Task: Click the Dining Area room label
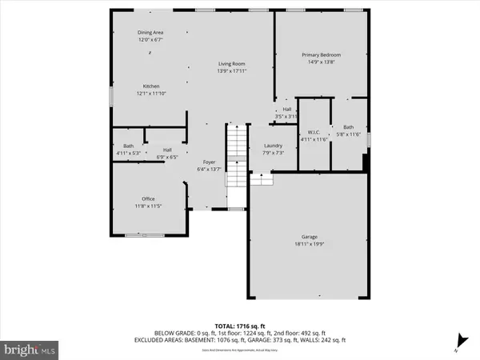click(x=150, y=32)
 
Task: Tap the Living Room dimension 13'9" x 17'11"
click(x=232, y=71)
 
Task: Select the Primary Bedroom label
click(x=318, y=54)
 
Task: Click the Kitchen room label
click(x=151, y=86)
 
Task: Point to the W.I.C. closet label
click(x=314, y=132)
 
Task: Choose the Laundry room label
click(x=274, y=146)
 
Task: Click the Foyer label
click(x=209, y=162)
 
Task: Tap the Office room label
click(x=148, y=198)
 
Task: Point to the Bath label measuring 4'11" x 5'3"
click(x=129, y=146)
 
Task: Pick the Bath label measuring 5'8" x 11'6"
click(x=348, y=127)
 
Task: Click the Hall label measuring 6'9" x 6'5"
click(x=168, y=150)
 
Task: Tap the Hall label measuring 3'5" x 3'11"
click(x=286, y=110)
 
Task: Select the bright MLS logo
click(x=30, y=348)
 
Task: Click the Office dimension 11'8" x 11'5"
click(x=148, y=206)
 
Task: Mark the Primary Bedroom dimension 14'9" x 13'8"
click(x=318, y=62)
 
